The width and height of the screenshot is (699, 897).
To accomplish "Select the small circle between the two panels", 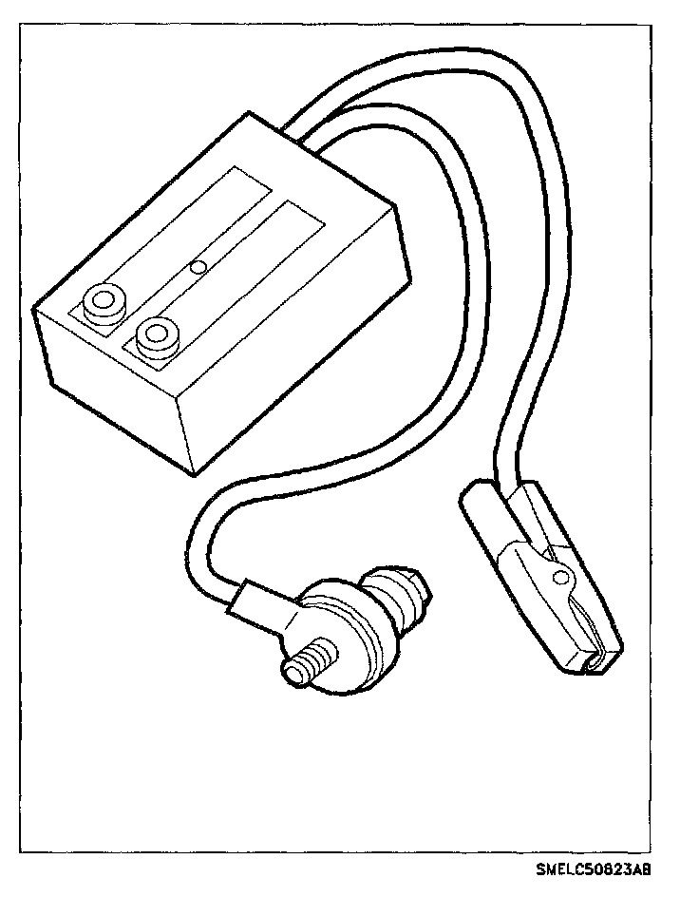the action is [x=198, y=268].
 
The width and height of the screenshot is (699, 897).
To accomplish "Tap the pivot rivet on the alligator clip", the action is [x=562, y=577].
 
